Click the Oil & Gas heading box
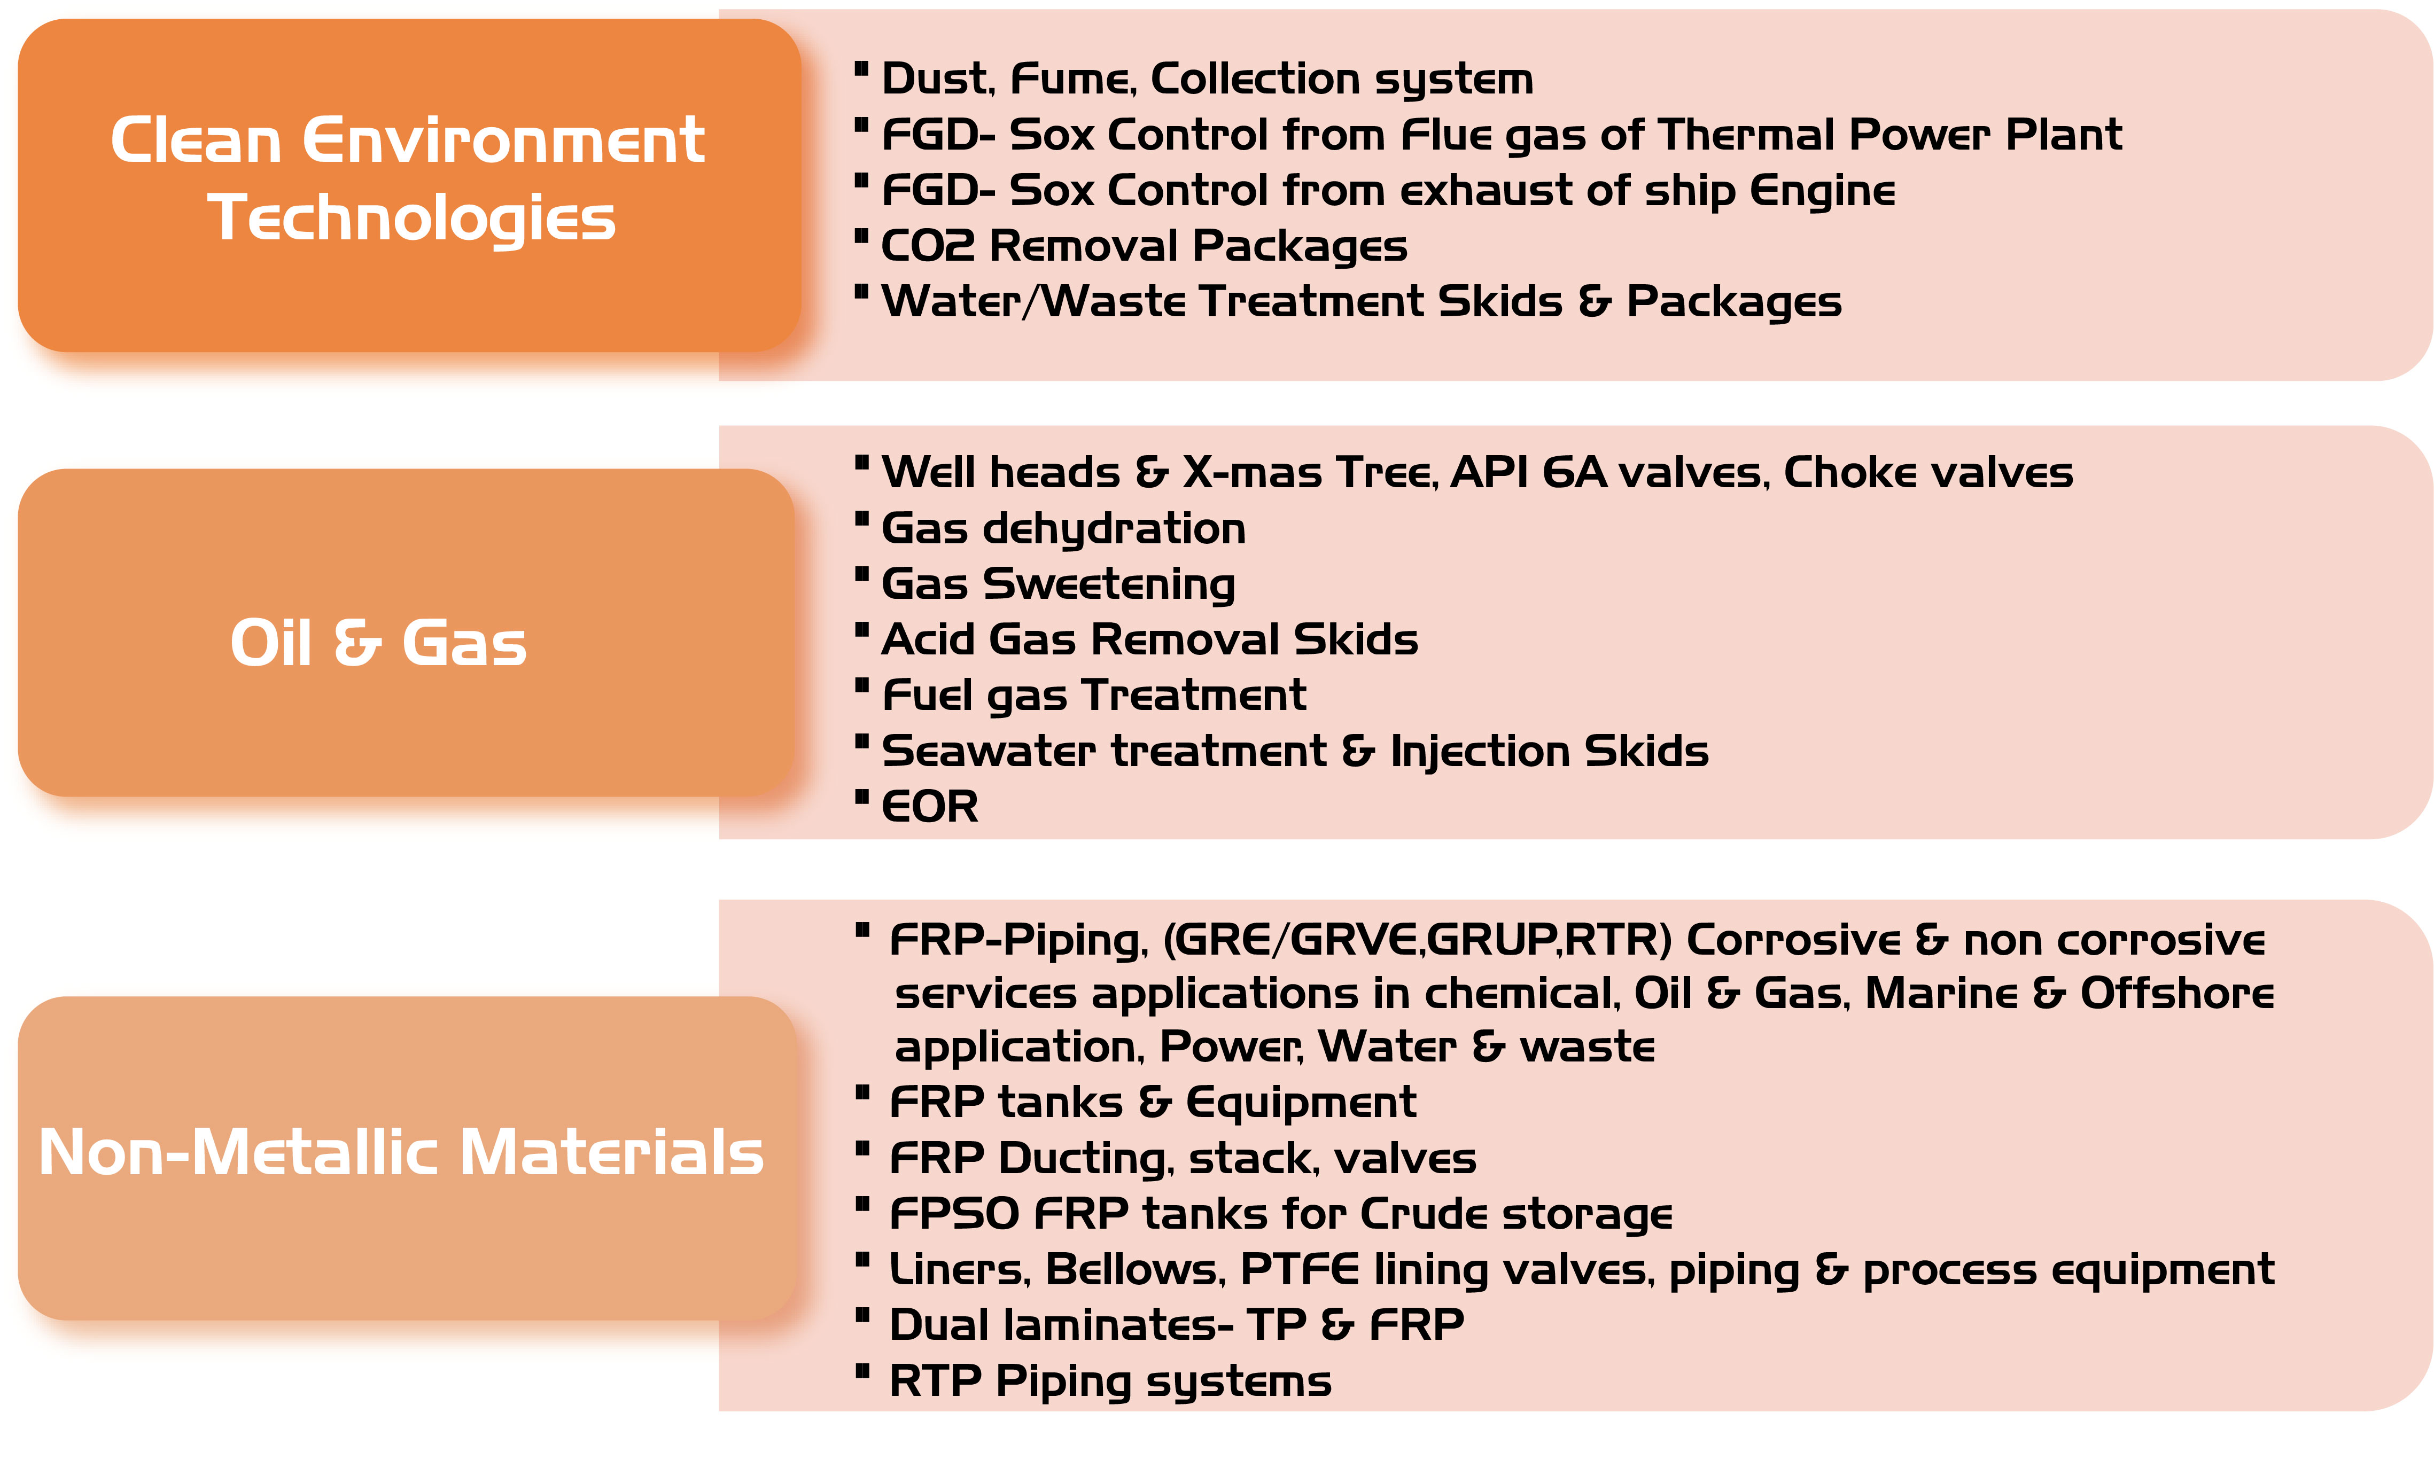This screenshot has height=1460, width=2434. (406, 633)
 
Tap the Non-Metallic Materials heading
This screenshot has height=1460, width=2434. (401, 1152)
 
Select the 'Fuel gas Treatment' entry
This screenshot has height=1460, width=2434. (1094, 696)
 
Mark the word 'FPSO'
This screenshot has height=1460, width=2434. (954, 1214)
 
